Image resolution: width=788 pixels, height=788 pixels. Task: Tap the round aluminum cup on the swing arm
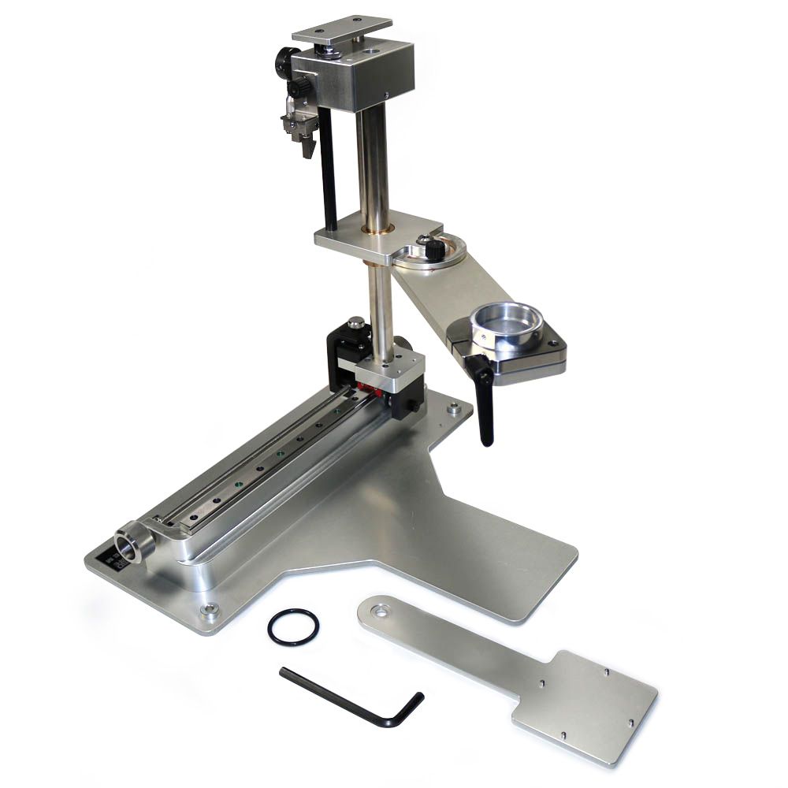click(506, 323)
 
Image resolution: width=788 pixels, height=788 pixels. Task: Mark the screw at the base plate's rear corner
click(454, 409)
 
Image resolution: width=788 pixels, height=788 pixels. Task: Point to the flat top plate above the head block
click(341, 29)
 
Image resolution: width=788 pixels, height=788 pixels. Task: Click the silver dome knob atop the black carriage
click(356, 322)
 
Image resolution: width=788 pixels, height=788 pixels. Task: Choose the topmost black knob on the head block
click(281, 58)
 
